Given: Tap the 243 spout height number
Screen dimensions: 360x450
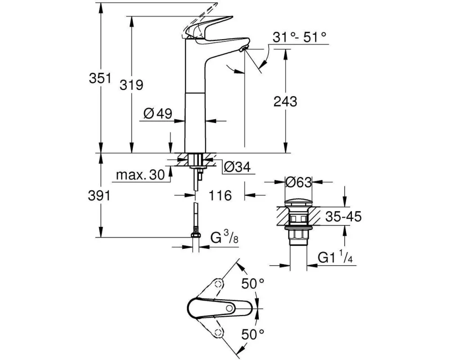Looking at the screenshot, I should [x=285, y=102].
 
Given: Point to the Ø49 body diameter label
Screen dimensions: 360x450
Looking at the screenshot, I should [x=158, y=114].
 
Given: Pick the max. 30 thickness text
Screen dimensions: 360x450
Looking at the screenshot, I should [x=140, y=175].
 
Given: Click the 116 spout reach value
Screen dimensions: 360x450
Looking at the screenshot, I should [x=220, y=195].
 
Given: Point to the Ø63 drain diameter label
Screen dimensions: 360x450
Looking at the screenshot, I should [x=298, y=182].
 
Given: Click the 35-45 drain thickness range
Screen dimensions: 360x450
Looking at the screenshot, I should [x=342, y=217].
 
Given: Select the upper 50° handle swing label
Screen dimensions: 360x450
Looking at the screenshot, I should [x=253, y=284].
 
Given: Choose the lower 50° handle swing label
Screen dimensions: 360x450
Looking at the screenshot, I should [x=253, y=334].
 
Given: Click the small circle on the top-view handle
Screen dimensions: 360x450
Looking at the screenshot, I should [x=230, y=308].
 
